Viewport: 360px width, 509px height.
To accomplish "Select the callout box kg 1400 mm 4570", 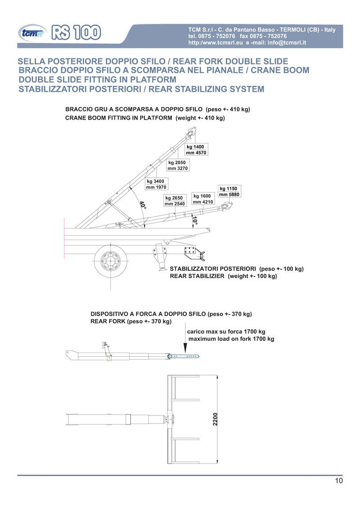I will coord(196,150).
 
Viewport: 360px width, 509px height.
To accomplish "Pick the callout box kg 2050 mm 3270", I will coord(177,165).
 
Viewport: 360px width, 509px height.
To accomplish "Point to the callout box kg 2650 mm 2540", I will coord(175,201).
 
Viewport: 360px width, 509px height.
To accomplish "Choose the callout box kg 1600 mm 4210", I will coord(202,199).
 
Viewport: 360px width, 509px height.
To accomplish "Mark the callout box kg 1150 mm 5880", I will coord(229,191).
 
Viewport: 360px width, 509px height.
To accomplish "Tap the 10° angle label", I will coord(194,221).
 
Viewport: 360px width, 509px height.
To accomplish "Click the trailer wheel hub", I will coord(109,260).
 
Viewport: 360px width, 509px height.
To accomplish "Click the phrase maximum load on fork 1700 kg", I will coord(231,339).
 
